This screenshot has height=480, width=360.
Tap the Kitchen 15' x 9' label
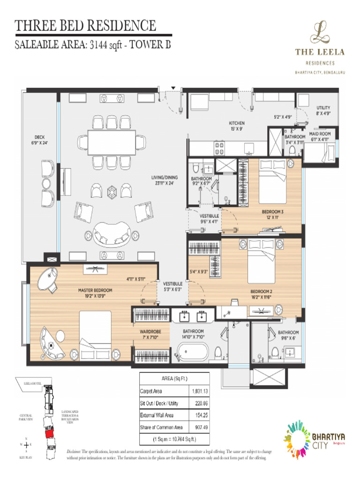point(237,126)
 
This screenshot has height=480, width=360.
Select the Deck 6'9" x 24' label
point(39,140)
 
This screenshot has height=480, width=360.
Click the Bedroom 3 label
point(272,214)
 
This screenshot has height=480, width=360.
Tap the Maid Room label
point(320,136)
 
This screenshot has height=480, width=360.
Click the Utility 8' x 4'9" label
point(323,110)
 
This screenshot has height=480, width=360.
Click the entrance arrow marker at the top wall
point(173,88)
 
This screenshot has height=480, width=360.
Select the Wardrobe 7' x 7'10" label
point(150,334)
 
